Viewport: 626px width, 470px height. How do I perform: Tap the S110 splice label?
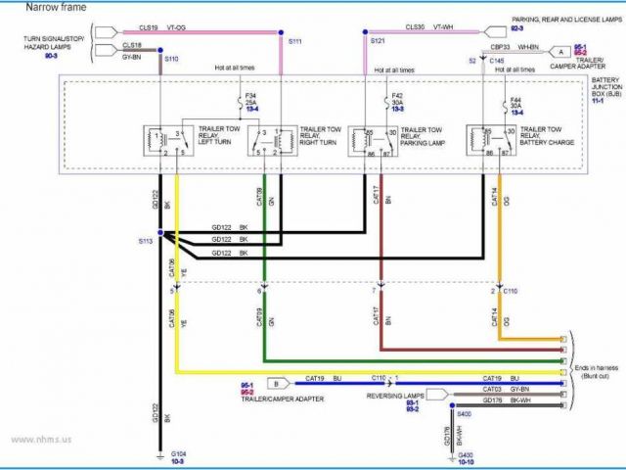172,60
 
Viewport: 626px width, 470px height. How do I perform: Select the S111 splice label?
294,41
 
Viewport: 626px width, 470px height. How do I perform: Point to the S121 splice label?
378,41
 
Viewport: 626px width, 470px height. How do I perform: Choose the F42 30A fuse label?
397,100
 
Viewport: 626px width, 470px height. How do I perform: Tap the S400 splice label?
464,414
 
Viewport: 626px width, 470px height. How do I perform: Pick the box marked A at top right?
560,51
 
